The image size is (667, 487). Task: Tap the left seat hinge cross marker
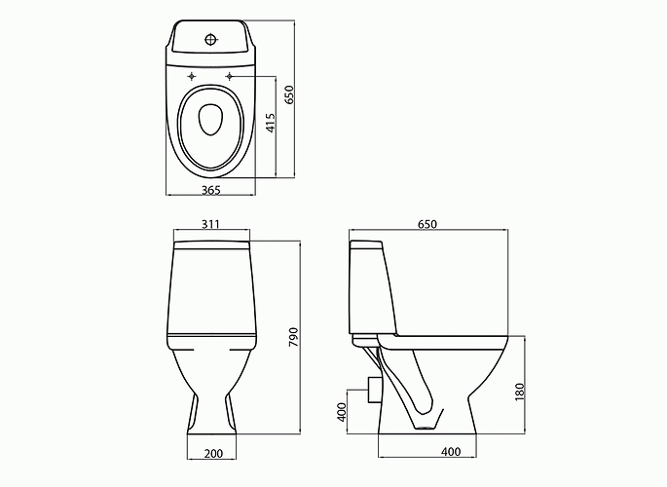coord(193,75)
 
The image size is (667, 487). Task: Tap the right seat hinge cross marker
coord(230,75)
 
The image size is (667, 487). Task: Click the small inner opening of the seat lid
coord(210,120)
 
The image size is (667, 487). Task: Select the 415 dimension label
coord(271,124)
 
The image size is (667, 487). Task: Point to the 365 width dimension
coord(210,189)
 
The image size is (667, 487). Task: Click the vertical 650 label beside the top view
coord(289,94)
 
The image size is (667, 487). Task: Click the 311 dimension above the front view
coord(210,224)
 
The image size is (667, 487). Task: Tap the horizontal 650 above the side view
coord(427,224)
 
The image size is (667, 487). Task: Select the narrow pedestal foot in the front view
coord(211,414)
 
